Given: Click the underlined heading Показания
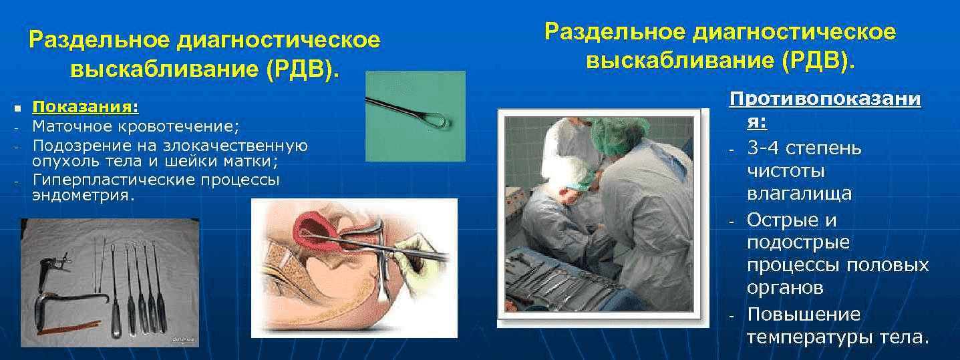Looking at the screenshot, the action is [86, 107].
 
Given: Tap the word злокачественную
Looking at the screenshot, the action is [235, 146].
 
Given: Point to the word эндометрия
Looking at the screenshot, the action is [84, 195].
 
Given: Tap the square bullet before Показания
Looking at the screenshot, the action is [17, 109].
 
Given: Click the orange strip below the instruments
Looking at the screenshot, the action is [69, 327].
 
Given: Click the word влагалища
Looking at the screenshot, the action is [800, 194].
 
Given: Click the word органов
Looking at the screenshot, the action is [785, 288].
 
